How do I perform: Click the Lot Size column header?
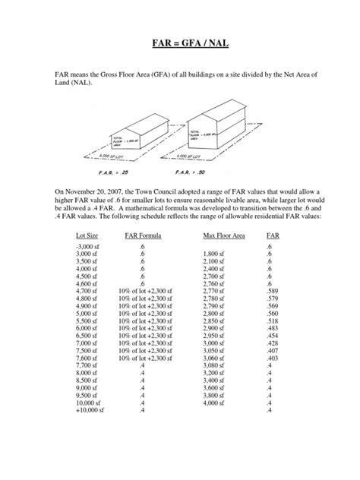pyautogui.click(x=79, y=236)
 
